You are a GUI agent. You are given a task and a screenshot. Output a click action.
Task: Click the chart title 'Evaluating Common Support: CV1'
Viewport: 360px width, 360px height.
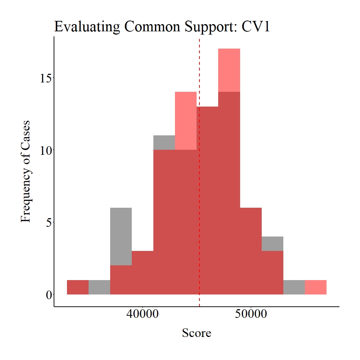[162, 27]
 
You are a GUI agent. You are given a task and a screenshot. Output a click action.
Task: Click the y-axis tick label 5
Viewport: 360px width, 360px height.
[48, 222]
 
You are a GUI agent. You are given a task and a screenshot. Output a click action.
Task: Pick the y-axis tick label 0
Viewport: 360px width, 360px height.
[48, 294]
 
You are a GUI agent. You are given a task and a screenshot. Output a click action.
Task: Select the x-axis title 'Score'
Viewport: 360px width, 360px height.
[197, 333]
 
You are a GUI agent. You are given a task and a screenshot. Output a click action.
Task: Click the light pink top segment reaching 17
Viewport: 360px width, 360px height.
[229, 70]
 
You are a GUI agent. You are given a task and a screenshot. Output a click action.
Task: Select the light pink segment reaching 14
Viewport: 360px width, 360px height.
[186, 121]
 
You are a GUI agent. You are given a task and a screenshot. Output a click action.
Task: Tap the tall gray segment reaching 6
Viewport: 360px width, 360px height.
[121, 236]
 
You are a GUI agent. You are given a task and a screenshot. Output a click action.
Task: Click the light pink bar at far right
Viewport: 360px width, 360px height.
[316, 287]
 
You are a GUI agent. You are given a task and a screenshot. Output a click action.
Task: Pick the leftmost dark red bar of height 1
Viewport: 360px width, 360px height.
[78, 287]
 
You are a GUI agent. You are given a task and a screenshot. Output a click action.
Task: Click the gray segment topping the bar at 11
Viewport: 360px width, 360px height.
[164, 143]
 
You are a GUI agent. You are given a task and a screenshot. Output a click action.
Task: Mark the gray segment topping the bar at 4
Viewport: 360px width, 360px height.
[273, 243]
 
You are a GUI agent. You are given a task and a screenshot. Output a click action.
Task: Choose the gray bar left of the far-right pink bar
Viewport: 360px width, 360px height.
[294, 287]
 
